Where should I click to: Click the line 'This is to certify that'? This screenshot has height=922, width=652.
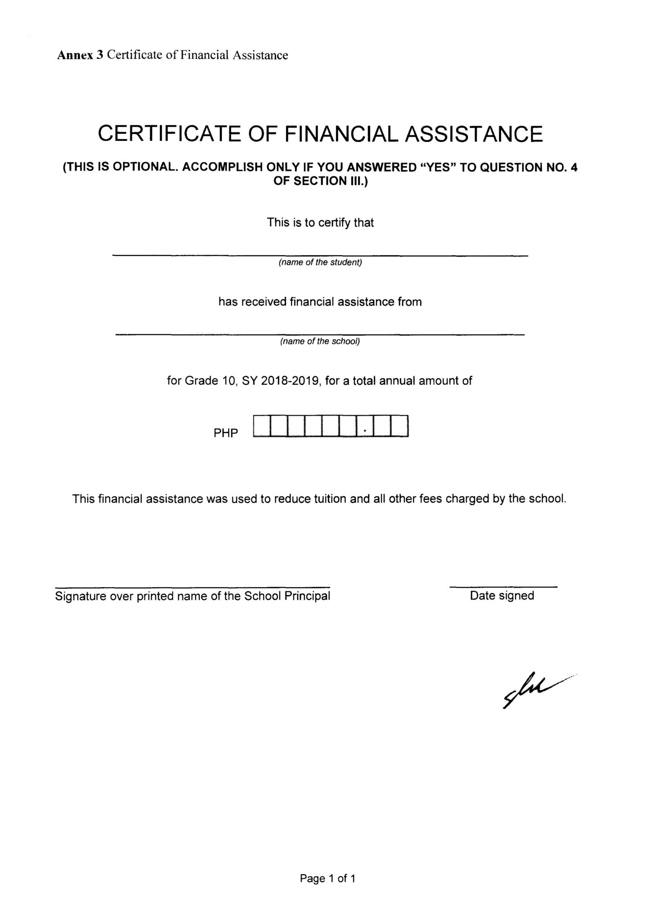point(320,222)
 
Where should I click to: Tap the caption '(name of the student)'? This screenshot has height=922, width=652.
point(320,262)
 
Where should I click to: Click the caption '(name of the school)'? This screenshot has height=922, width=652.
point(320,341)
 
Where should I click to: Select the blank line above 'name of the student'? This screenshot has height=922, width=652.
point(320,255)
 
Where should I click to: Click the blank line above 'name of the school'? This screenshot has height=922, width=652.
point(320,334)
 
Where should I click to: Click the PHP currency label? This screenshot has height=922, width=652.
point(226,433)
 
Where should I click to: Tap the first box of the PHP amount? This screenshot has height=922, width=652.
point(262,426)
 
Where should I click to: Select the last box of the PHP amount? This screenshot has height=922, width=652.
point(400,426)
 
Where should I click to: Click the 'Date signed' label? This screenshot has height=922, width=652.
point(502,596)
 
